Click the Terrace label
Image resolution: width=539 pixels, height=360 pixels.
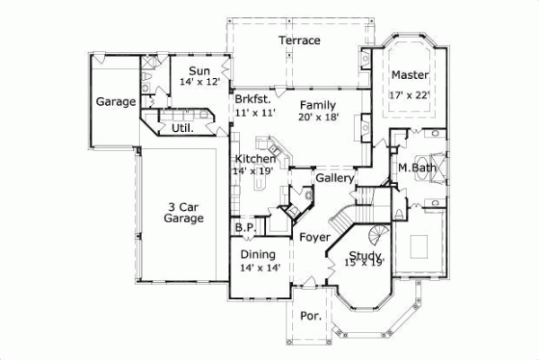pyautogui.click(x=299, y=40)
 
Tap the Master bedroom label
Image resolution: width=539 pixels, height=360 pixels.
pyautogui.click(x=409, y=75)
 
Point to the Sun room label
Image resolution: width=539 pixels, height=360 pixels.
pyautogui.click(x=199, y=71)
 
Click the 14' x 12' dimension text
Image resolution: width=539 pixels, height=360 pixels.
pyautogui.click(x=199, y=82)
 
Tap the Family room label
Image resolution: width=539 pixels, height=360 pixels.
pyautogui.click(x=317, y=105)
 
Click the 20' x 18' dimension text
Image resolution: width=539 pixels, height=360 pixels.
pyautogui.click(x=317, y=117)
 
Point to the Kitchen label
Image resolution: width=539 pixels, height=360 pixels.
pyautogui.click(x=254, y=159)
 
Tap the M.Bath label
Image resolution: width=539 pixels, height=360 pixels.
pyautogui.click(x=417, y=167)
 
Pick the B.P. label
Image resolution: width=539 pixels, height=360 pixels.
pyautogui.click(x=245, y=228)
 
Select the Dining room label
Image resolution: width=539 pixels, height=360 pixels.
pyautogui.click(x=259, y=255)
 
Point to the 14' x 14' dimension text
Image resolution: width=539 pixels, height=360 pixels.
pyautogui.click(x=260, y=268)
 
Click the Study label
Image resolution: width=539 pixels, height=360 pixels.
pyautogui.click(x=365, y=255)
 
